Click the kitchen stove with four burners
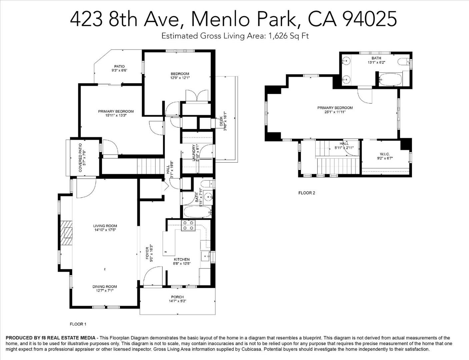188,226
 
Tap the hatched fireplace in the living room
66,233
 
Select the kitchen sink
205,256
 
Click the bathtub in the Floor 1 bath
197,212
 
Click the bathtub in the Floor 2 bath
390,79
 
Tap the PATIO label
119,66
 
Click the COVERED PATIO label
80,158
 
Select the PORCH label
177,297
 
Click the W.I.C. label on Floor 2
385,154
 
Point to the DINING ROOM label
105,287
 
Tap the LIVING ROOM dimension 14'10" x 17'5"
105,230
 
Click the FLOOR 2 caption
307,193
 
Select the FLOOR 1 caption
78,324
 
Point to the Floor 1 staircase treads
150,166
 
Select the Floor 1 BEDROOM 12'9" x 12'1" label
180,76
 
